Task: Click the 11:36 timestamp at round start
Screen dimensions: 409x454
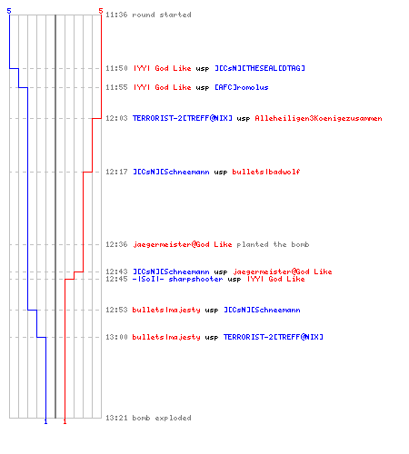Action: coord(116,15)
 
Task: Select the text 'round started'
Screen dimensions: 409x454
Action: coord(162,15)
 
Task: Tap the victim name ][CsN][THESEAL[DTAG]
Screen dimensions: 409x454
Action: coord(260,68)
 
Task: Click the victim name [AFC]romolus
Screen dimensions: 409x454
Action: coord(242,87)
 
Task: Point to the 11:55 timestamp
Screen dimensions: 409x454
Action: coord(116,87)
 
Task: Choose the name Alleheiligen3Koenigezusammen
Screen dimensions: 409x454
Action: coord(318,118)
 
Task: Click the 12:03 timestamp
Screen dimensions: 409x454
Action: coord(116,118)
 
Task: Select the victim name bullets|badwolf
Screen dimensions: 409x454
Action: coord(266,172)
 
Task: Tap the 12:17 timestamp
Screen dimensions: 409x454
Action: coord(116,172)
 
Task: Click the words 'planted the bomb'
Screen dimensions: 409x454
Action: coord(273,244)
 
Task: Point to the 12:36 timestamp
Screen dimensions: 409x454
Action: coord(116,244)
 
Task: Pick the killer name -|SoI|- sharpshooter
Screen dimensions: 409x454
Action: coord(178,279)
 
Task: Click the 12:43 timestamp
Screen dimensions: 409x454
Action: coord(116,271)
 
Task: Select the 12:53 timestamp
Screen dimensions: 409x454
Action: coord(116,310)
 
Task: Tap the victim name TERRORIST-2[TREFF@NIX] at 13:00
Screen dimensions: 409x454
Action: coord(274,337)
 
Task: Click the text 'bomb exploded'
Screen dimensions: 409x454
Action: coord(162,418)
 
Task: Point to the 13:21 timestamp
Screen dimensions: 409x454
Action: coord(116,418)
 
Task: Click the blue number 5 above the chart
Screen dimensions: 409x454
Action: coord(9,11)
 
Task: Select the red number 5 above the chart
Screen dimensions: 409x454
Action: coord(101,11)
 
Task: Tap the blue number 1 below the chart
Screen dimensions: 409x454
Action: coord(45,421)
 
